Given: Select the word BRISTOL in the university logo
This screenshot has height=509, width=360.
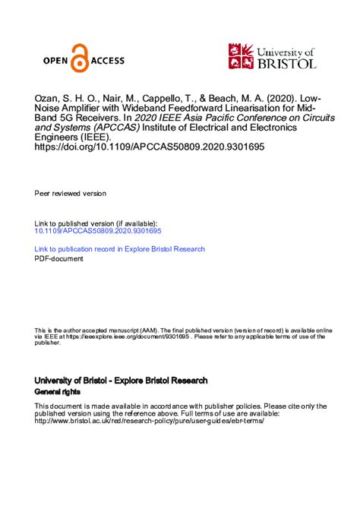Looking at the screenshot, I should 287,64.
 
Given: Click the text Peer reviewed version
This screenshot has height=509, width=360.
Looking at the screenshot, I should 71,194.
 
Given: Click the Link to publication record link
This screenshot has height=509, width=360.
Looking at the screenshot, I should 120,249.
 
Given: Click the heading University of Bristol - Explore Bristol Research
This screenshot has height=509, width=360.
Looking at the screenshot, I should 121,380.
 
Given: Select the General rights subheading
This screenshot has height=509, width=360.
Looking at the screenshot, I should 58,390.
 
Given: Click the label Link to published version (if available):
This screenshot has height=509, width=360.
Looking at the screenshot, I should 96,223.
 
